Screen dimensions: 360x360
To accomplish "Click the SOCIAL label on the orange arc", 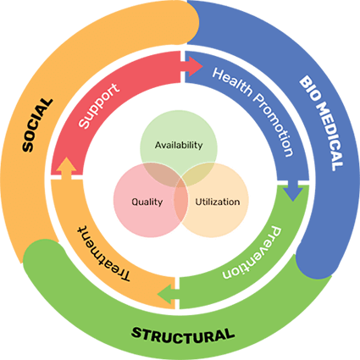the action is pos(37,125).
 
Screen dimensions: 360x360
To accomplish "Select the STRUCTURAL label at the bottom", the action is pos(183,335).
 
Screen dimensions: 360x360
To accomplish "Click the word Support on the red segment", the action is pos(99,106).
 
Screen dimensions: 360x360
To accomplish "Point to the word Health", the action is pos(232,82).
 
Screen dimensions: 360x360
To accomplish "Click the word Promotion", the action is pos(274,125).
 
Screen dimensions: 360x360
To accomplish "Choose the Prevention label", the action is pos(252,252).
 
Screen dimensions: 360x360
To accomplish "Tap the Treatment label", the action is pos(103,253).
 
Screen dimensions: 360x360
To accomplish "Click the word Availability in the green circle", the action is pos(179,145).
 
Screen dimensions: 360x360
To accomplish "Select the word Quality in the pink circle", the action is pos(147,202).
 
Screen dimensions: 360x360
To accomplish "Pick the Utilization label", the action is pos(218,202).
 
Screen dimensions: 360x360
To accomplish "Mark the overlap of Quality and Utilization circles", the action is pos(181,201).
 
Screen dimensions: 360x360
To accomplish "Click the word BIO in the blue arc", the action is pos(308,88).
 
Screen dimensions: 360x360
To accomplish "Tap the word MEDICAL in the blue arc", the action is pos(330,137).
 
